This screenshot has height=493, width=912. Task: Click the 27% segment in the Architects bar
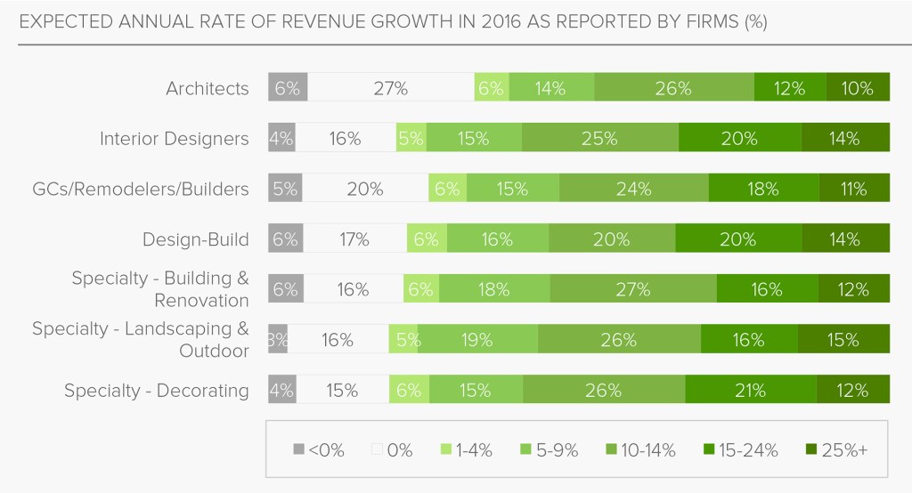coord(391,88)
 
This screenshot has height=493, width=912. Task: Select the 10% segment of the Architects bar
coord(858,88)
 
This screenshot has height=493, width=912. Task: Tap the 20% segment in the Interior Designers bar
coord(739,139)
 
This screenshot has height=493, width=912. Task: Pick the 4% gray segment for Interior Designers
coord(281,139)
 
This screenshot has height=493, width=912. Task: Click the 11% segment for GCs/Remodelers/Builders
coord(854,189)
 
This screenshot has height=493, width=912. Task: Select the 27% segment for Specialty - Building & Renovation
coord(632,289)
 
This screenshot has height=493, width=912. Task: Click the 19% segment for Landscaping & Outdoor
coord(477,340)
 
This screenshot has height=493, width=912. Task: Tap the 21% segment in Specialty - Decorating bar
coord(750,390)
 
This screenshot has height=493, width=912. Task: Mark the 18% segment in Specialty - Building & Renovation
coord(494,289)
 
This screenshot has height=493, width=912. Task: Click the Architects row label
coord(208,88)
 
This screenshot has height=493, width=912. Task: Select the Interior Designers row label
coord(174,139)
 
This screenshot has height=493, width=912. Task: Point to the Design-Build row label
coord(195,239)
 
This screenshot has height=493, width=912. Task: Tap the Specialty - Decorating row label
coord(156,390)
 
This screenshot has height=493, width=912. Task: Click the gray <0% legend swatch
coord(299,450)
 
